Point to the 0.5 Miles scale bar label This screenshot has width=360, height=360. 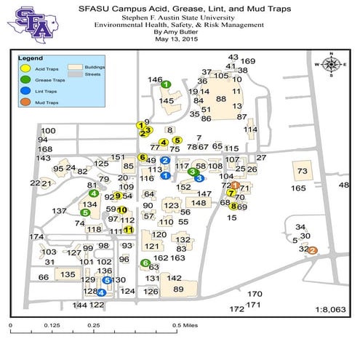pos(184,325)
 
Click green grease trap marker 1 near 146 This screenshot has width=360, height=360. pos(166,84)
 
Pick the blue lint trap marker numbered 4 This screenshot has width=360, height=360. pos(101,292)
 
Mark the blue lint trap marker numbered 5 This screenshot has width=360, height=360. pos(107,280)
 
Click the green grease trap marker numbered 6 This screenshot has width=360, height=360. pos(145,263)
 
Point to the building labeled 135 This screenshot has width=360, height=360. pos(67,274)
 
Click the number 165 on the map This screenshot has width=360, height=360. pos(298,188)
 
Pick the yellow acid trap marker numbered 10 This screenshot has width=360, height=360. pos(122,209)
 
